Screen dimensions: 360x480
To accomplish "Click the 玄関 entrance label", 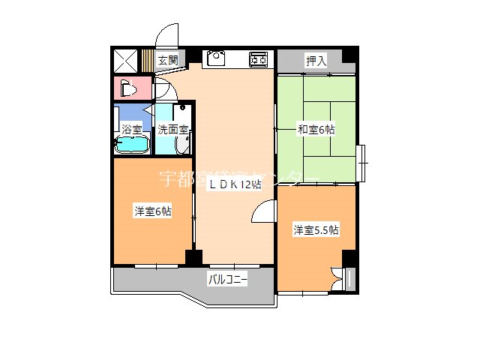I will pos(168,60).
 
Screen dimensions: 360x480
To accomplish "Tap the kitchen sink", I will pos(216,58).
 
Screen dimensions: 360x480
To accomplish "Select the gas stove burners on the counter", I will pos(259,58).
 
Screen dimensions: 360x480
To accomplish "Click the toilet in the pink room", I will pos(127,88).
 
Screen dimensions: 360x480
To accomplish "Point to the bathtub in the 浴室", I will pos(132,145).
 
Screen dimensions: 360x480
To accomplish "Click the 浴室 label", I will pos(131,129).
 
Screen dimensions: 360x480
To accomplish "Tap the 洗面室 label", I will pos(172,129).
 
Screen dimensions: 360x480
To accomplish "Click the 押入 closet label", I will pos(316,61).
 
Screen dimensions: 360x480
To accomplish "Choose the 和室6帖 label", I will pos(316,130).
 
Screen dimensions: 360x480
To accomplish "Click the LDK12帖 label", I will pos(235,184).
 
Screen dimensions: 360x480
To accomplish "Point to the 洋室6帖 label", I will pos(153,211).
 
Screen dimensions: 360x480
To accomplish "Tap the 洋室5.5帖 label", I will pos(316,229).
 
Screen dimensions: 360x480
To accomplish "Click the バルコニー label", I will pos(227,280).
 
